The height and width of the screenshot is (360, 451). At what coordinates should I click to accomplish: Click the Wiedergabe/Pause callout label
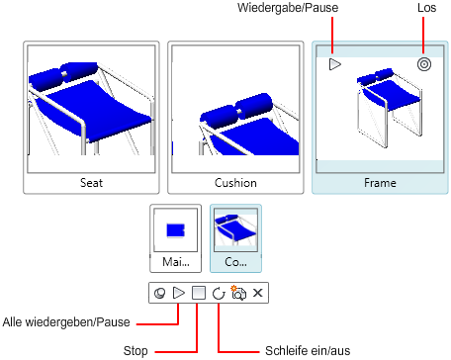click(x=288, y=8)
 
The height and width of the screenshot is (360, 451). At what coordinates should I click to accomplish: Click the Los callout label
click(x=426, y=8)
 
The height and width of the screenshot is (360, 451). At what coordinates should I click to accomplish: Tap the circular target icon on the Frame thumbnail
click(x=424, y=64)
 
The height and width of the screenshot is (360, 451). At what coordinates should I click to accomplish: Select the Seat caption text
click(x=91, y=183)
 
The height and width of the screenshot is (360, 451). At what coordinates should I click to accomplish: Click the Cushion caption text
click(x=235, y=183)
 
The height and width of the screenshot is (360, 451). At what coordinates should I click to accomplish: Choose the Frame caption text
click(x=380, y=183)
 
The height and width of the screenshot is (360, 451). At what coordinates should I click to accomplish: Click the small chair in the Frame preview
click(x=389, y=108)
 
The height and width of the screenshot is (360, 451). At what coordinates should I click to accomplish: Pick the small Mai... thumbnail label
click(x=176, y=262)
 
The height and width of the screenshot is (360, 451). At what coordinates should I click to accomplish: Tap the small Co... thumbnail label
click(x=235, y=262)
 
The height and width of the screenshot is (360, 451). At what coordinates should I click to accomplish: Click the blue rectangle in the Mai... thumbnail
click(x=175, y=230)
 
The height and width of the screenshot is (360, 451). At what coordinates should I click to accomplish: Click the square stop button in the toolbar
click(x=199, y=293)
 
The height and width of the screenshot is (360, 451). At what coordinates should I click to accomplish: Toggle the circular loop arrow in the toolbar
click(x=219, y=293)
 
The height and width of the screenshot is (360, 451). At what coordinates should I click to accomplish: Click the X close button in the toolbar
click(x=258, y=293)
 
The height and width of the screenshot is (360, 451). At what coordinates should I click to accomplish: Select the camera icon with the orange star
click(x=238, y=293)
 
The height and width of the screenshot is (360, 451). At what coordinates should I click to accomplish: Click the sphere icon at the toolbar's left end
click(x=159, y=293)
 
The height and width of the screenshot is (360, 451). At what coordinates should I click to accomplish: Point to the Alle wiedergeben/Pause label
click(x=66, y=322)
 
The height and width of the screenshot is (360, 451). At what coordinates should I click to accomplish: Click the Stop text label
click(x=135, y=351)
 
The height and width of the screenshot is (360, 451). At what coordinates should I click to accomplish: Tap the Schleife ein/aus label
click(x=308, y=350)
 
